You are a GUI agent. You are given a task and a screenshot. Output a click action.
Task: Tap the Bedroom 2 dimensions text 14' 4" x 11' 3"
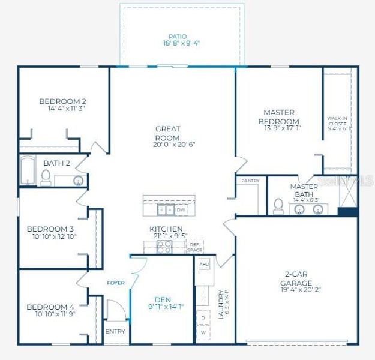(x=71, y=109)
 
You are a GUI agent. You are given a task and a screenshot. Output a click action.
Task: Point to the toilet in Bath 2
(x=46, y=177)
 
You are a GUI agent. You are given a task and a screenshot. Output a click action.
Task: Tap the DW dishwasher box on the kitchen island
(x=181, y=210)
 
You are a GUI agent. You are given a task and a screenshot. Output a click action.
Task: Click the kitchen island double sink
(x=166, y=210)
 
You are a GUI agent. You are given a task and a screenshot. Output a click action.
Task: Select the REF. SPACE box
(x=194, y=247)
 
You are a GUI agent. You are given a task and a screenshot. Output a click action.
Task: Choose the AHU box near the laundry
(x=204, y=264)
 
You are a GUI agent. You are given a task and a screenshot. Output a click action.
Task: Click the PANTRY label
(x=250, y=181)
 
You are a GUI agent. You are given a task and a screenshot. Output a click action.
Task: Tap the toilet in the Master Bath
(x=278, y=206)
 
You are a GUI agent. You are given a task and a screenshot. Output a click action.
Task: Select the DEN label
(x=163, y=300)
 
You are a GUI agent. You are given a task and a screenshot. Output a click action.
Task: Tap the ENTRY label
(x=115, y=331)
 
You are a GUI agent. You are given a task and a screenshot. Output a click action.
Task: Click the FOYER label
(x=116, y=282)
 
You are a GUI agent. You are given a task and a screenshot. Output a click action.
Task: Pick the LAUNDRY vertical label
(x=221, y=304)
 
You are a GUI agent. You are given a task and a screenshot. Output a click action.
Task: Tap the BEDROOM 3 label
(x=50, y=229)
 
